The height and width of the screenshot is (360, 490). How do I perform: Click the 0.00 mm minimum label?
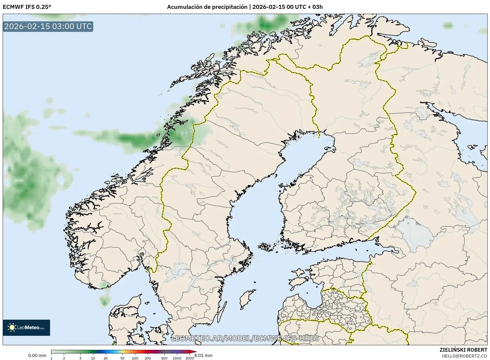click(x=37, y=355)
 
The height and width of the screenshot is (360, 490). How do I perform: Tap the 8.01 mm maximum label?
click(x=203, y=355)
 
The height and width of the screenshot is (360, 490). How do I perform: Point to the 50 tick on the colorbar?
click(x=122, y=358)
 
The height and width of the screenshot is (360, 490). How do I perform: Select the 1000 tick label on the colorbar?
click(x=177, y=358)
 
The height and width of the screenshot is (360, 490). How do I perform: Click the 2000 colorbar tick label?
click(x=190, y=358)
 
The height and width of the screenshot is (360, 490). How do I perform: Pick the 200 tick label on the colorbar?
click(x=147, y=358)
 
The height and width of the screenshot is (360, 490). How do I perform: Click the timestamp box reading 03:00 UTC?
click(x=48, y=26)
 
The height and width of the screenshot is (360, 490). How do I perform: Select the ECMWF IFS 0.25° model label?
click(x=27, y=7)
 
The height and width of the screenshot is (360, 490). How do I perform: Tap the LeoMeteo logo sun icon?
click(x=12, y=327)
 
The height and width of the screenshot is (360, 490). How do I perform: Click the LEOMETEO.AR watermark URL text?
click(x=245, y=338)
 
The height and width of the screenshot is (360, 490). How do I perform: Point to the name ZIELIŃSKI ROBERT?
click(x=463, y=350)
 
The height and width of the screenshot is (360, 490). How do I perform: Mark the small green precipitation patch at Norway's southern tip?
click(x=104, y=286)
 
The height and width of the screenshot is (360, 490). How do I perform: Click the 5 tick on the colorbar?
click(x=80, y=358)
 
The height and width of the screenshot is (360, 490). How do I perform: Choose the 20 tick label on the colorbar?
click(x=105, y=358)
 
